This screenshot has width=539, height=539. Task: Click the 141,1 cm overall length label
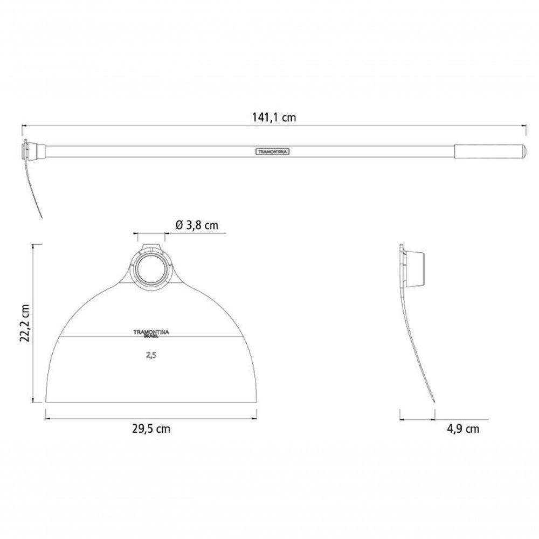pyautogui.click(x=274, y=117)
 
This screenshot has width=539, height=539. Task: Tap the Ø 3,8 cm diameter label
pyautogui.click(x=197, y=225)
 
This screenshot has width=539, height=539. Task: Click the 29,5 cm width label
pyautogui.click(x=151, y=429)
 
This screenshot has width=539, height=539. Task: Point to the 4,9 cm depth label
pyautogui.click(x=463, y=429)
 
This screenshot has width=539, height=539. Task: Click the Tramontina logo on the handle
pyautogui.click(x=272, y=151)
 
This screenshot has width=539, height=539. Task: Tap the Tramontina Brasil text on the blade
pyautogui.click(x=151, y=334)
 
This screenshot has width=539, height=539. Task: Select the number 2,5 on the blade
pyautogui.click(x=151, y=355)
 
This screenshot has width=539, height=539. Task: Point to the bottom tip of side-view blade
pyautogui.click(x=434, y=401)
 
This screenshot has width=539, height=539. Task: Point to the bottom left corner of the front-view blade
pyautogui.click(x=46, y=403)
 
